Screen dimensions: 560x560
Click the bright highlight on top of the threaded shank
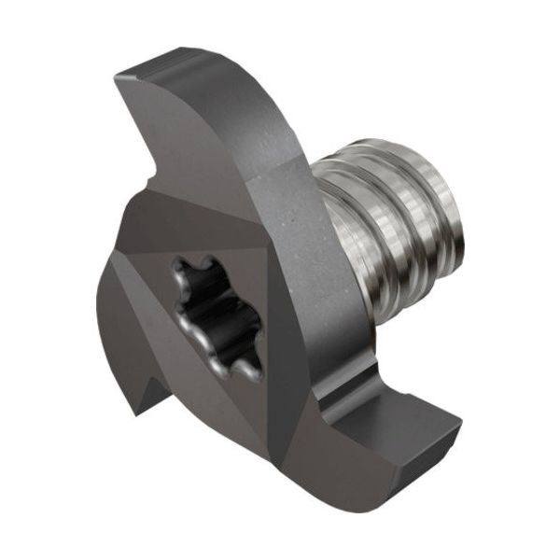(392, 149)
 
